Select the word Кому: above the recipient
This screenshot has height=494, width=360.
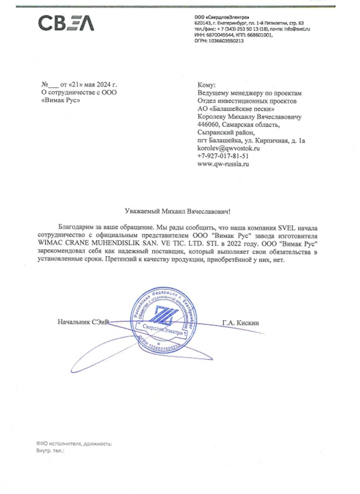pos(208,85)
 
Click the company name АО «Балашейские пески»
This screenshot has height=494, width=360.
pos(237,109)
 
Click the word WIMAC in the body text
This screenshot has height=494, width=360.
pos(52,243)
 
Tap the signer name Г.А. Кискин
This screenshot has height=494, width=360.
pos(241,322)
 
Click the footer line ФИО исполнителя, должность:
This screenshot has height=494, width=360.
pos(74,443)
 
